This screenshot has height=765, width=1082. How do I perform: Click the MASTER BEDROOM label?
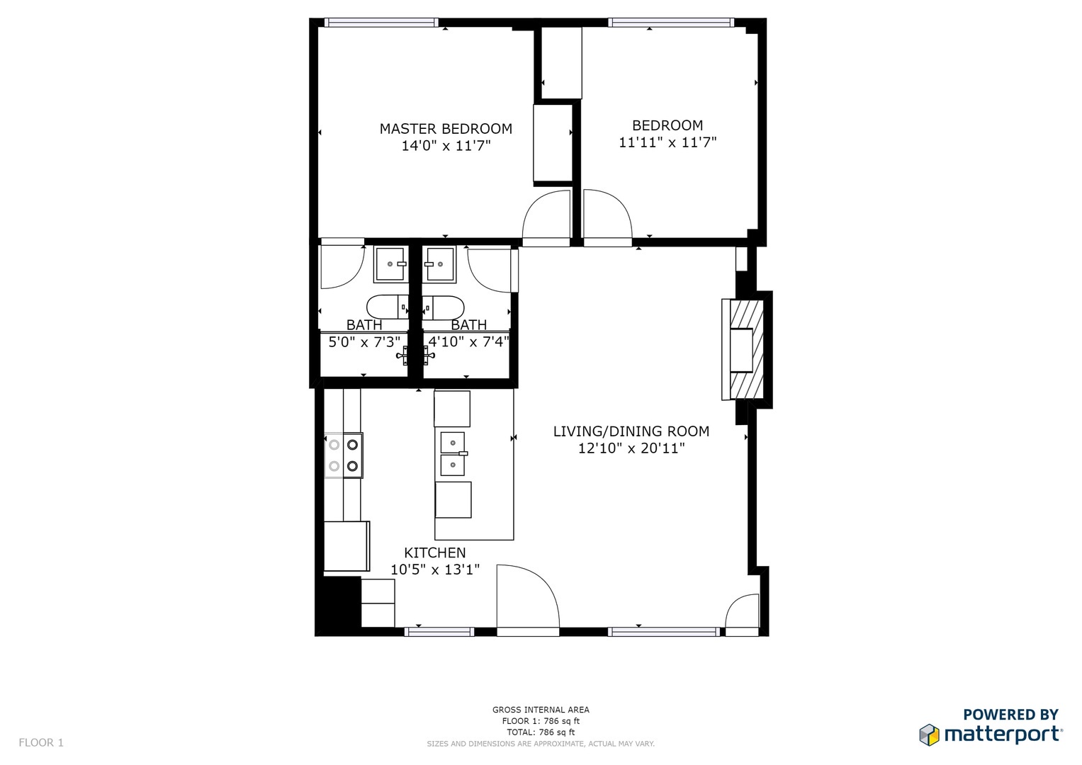[x=446, y=129]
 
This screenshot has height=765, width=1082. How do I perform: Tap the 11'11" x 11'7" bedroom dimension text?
[x=667, y=142]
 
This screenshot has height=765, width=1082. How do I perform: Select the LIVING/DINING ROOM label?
[x=631, y=431]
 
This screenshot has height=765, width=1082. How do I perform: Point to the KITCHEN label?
[x=435, y=553]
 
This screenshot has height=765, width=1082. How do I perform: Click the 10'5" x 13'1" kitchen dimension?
[x=435, y=569]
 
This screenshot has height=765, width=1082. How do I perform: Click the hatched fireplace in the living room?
[x=746, y=349]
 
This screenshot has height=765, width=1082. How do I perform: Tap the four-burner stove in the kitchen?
[x=344, y=455]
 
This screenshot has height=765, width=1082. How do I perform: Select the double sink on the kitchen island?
[x=453, y=454]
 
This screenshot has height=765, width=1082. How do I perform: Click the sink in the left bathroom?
[x=390, y=264]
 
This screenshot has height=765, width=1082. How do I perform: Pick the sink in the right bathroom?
[x=440, y=264]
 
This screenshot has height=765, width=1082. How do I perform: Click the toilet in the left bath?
[x=387, y=307]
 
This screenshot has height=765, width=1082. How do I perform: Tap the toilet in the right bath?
[x=444, y=307]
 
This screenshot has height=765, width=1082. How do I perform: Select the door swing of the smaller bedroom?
[x=607, y=216]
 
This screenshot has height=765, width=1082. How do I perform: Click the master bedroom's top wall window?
[x=381, y=23]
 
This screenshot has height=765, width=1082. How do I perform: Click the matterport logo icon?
[x=929, y=735]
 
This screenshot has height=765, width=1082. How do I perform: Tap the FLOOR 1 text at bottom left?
[x=41, y=742]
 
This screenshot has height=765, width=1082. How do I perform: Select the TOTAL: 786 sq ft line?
[x=541, y=732]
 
